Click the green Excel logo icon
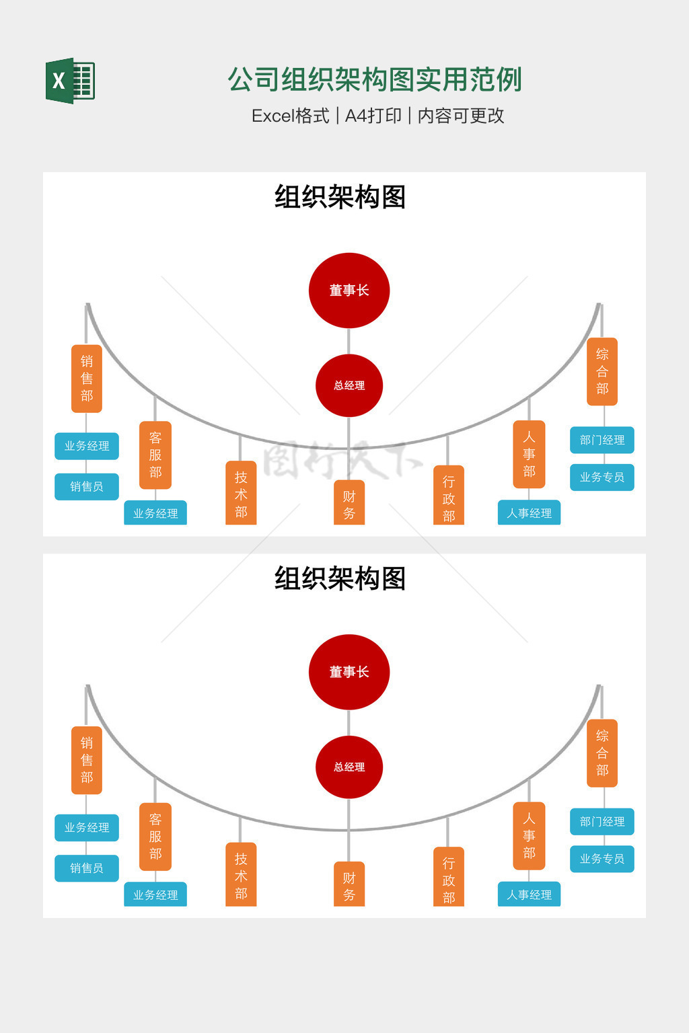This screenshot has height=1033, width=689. [70, 81]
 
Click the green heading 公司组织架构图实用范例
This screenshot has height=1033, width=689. [375, 79]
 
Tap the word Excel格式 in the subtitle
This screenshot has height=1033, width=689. [290, 116]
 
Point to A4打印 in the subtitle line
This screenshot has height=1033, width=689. [373, 116]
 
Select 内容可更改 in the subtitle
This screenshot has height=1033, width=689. [461, 116]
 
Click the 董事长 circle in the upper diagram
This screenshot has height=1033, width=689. [349, 291]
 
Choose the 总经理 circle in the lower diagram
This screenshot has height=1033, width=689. [349, 767]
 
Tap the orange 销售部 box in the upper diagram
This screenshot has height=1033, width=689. [87, 379]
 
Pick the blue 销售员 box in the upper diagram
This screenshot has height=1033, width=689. [87, 486]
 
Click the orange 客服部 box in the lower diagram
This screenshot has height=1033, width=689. [155, 837]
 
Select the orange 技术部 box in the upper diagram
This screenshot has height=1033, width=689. [241, 494]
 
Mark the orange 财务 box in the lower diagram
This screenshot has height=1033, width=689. [349, 885]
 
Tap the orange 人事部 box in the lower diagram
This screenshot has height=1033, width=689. [529, 835]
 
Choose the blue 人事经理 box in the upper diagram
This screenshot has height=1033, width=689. [529, 513]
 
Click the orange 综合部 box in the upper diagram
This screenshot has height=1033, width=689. [602, 371]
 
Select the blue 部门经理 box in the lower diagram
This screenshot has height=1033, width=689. [602, 821]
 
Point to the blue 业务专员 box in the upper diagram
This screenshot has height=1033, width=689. [602, 477]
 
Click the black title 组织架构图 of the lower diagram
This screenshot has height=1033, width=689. [340, 578]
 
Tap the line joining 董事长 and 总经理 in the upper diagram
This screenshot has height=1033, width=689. [349, 341]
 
